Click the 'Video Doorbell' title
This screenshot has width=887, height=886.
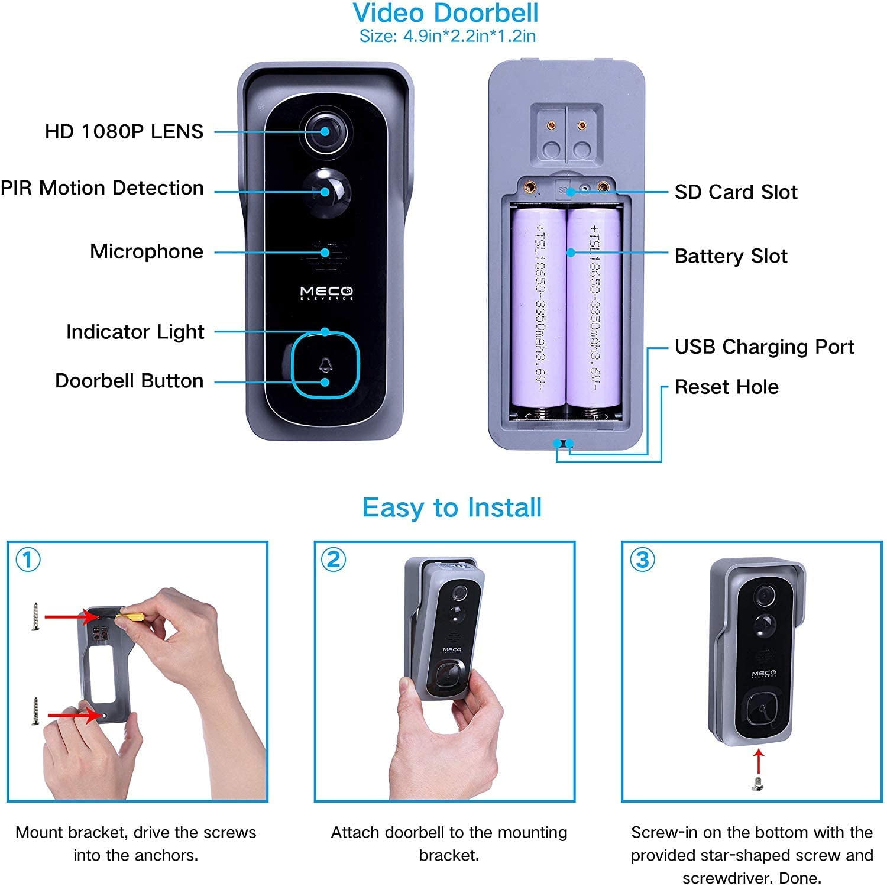click(445, 13)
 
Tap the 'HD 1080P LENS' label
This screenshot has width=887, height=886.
click(124, 131)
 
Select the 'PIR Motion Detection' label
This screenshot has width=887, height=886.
click(102, 188)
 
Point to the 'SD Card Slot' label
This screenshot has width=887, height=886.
click(736, 192)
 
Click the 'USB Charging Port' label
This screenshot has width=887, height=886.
click(765, 347)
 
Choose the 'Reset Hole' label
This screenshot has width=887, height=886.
click(727, 387)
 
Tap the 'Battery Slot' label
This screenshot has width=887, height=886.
click(731, 256)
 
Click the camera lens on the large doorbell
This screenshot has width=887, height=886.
click(325, 131)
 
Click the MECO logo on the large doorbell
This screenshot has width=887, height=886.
click(326, 293)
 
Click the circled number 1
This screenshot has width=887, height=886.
click(28, 560)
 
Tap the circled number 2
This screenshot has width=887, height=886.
click(334, 560)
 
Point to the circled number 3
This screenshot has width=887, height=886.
click(642, 560)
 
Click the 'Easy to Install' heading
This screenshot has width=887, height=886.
click(452, 508)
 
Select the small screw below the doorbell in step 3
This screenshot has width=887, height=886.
click(757, 784)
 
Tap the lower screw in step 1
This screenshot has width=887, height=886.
click(35, 712)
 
